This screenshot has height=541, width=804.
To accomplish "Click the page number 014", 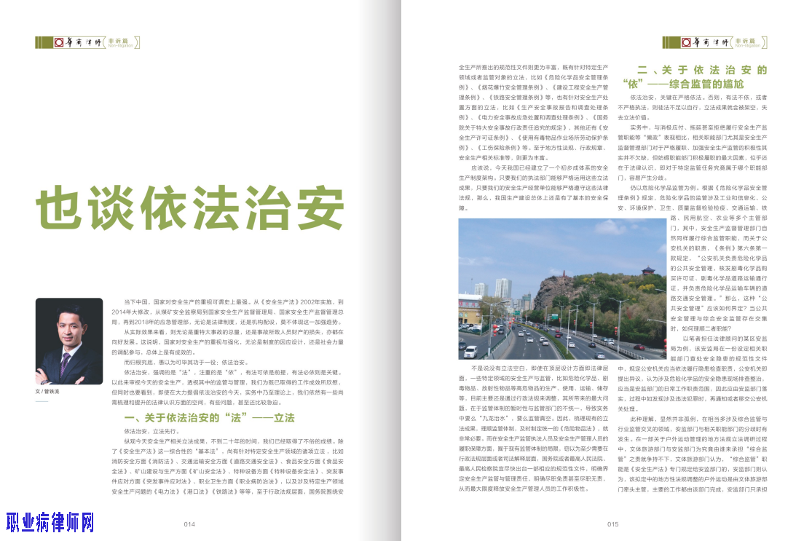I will [x=189, y=524].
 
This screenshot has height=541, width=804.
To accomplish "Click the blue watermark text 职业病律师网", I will [x=50, y=522].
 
